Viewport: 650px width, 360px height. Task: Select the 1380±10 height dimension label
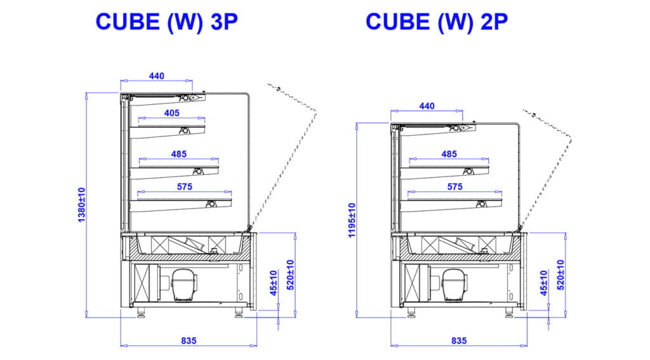coord(81,204)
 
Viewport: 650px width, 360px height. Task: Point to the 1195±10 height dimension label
coord(352,220)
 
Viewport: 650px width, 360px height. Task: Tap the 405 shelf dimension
coord(171,113)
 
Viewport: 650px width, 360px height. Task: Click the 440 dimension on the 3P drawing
coord(157,76)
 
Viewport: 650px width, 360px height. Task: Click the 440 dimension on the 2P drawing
coord(427,106)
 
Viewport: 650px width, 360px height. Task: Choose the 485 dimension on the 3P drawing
coord(179,154)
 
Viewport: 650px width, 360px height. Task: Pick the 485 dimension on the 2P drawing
coord(449,154)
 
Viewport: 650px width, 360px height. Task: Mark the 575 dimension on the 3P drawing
coord(185,187)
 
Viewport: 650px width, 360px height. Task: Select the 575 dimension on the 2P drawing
coord(455,187)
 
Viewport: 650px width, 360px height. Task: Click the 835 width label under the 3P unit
coord(189,340)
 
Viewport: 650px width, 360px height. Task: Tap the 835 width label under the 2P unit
coord(459,340)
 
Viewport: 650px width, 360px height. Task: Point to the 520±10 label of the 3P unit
coord(291,274)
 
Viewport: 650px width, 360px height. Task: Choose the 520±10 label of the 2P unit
coord(561,274)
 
